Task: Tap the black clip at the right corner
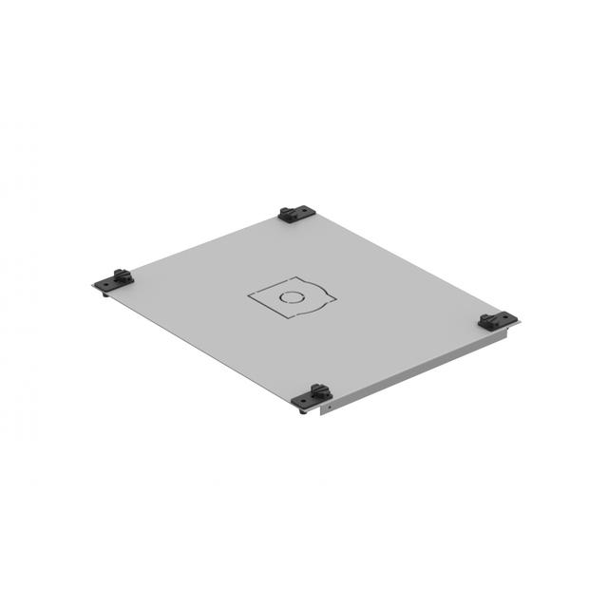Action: pyautogui.click(x=497, y=321)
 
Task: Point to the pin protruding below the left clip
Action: pyautogui.click(x=104, y=293)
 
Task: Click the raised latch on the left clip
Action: pyautogui.click(x=121, y=275)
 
